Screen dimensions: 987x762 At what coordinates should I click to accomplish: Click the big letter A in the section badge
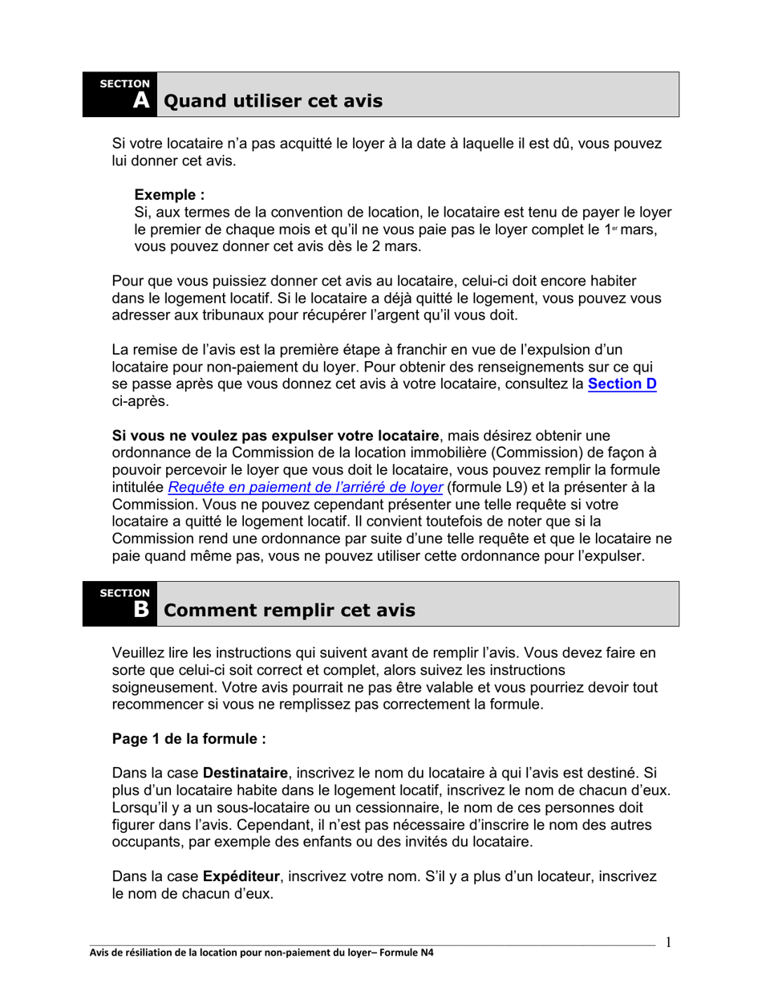[141, 101]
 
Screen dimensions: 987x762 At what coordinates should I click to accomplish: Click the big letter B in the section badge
[141, 610]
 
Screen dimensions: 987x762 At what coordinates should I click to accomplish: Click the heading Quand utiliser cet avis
[273, 102]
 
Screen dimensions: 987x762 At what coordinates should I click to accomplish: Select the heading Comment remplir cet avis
[289, 611]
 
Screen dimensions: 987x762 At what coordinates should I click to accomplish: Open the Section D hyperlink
[622, 384]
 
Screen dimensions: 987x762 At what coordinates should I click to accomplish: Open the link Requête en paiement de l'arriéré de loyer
[305, 487]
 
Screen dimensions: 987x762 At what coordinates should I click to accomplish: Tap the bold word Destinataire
[245, 774]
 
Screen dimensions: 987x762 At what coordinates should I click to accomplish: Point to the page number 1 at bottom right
[668, 942]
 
